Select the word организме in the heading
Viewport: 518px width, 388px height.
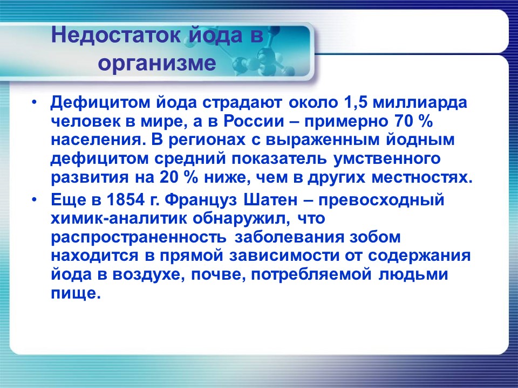point(157,64)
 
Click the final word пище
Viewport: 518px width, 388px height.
point(76,294)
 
